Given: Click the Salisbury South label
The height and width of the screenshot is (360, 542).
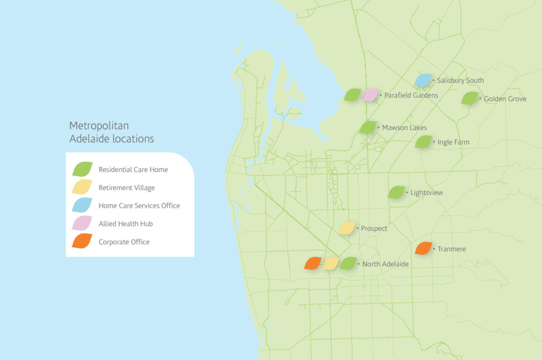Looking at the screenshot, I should pyautogui.click(x=460, y=80).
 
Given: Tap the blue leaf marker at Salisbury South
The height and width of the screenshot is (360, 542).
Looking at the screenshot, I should pyautogui.click(x=423, y=80).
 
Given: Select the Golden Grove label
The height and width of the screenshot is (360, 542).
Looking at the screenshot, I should pyautogui.click(x=505, y=98).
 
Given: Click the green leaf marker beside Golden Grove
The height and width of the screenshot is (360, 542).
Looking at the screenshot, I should pyautogui.click(x=469, y=98).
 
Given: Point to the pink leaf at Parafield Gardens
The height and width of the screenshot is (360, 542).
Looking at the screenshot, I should pyautogui.click(x=370, y=95).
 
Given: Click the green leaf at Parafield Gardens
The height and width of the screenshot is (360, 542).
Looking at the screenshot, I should pyautogui.click(x=353, y=95).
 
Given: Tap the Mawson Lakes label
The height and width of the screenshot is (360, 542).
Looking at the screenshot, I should pyautogui.click(x=404, y=128).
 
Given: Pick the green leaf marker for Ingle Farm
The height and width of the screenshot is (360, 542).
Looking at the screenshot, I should pyautogui.click(x=423, y=142).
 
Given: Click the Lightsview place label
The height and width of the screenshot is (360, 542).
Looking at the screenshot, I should pyautogui.click(x=427, y=193).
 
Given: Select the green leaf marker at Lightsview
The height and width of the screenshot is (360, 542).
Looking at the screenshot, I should pyautogui.click(x=396, y=192).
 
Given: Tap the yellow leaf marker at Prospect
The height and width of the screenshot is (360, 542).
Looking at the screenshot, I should pyautogui.click(x=347, y=228).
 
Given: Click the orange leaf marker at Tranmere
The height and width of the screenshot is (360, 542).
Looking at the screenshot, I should pyautogui.click(x=423, y=248).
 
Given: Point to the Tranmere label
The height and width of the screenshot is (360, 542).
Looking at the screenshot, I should pyautogui.click(x=451, y=249).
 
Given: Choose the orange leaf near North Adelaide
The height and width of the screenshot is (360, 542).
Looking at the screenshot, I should pyautogui.click(x=313, y=263).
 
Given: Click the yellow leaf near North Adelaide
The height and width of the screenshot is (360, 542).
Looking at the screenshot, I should pyautogui.click(x=331, y=263).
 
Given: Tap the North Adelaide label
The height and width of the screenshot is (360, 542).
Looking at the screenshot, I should pyautogui.click(x=385, y=264).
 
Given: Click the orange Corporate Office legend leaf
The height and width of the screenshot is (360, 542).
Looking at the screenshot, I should pyautogui.click(x=82, y=242).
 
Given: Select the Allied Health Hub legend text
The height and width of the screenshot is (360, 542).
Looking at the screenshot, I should pyautogui.click(x=125, y=224).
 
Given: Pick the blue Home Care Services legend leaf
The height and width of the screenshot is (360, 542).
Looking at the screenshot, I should pyautogui.click(x=82, y=205).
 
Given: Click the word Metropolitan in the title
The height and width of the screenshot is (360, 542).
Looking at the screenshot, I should pyautogui.click(x=99, y=125).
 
